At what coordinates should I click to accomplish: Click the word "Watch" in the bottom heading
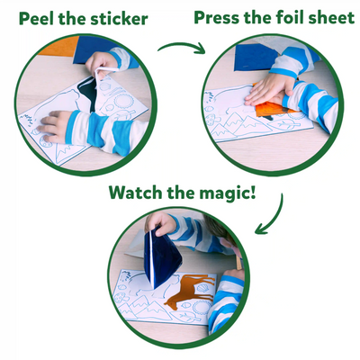(135, 193)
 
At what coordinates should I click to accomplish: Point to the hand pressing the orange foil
(269, 89)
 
